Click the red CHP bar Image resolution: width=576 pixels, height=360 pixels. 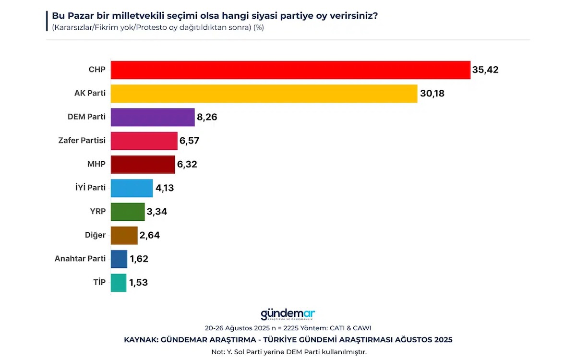[290, 70]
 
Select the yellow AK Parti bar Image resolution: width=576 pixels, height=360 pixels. [264, 94]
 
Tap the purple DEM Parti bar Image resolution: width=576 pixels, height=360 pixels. [153, 117]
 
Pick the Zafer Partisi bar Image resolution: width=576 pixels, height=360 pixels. [144, 141]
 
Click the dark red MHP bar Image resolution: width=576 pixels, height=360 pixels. [143, 164]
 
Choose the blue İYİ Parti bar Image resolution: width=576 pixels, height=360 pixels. [132, 188]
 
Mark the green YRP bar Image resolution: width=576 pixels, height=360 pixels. [128, 211]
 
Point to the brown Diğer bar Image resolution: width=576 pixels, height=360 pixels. [124, 235]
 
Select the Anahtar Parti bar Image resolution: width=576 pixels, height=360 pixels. [119, 259]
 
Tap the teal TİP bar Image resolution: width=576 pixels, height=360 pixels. [119, 282]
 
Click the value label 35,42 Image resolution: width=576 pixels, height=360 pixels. [485, 70]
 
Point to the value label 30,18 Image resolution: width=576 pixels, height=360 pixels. [432, 94]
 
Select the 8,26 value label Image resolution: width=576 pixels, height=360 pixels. [207, 117]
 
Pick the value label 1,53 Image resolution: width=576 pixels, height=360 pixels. [138, 283]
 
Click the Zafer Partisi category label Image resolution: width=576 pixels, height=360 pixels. [82, 141]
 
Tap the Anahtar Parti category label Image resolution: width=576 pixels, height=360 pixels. [80, 259]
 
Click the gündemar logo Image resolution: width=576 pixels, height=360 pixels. [288, 314]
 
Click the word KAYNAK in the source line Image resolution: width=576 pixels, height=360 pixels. [141, 340]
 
